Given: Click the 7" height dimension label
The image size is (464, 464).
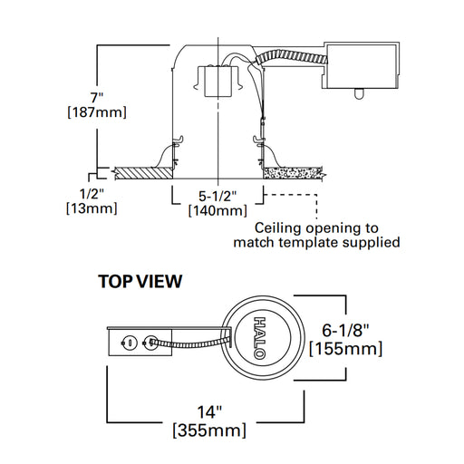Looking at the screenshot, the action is tap(97, 98).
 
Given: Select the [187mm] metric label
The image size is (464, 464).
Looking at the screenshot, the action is tap(97, 112).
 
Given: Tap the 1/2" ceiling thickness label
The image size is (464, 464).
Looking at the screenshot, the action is tap(92, 194).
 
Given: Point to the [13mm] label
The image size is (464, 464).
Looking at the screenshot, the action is tap(92, 208).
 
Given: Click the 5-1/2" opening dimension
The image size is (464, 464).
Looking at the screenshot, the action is tap(217, 196).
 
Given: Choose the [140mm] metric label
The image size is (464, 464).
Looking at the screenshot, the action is tap(217, 210).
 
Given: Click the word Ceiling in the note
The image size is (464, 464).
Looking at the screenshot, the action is tap(278, 228).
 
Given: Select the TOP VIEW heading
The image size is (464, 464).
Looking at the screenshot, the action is tap(140, 281).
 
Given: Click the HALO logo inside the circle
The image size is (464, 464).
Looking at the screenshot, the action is tap(259, 338).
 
